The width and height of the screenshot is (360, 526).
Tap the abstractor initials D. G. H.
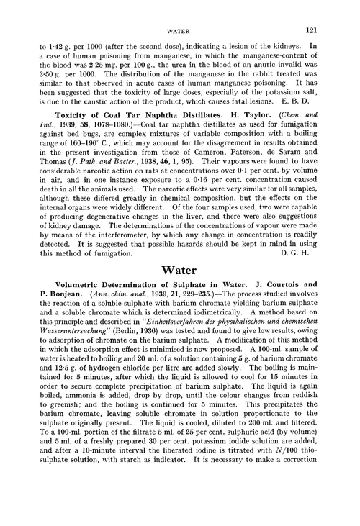pos(316,253)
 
